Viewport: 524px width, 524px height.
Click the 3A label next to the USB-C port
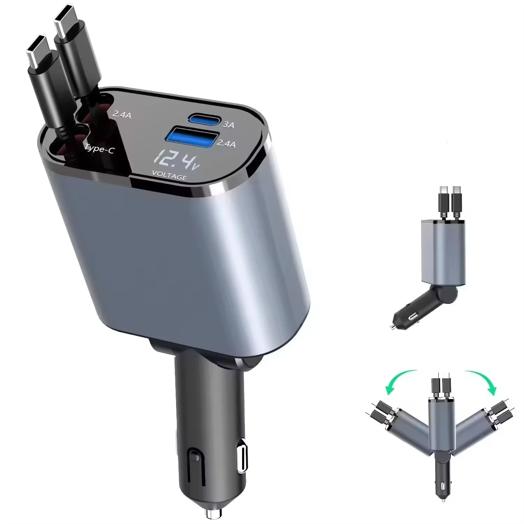coord(228,124)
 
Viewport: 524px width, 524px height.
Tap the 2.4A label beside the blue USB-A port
coord(226,143)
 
